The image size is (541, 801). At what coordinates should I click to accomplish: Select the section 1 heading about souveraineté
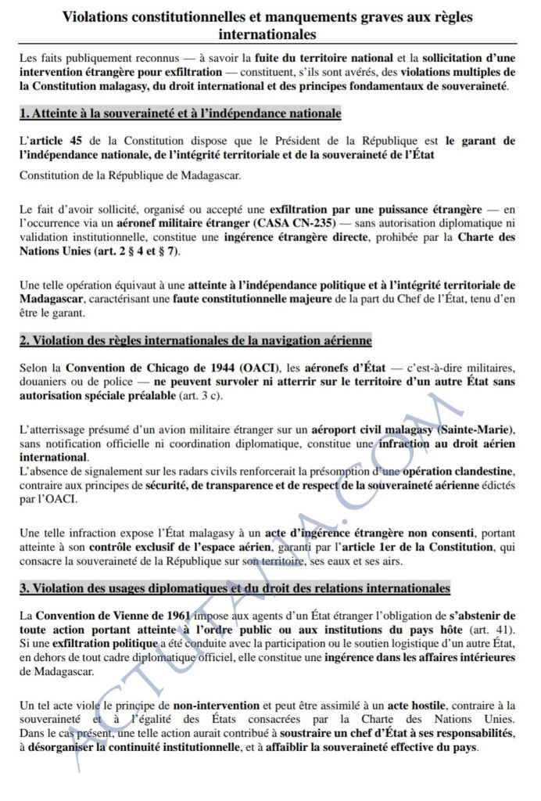[181, 114]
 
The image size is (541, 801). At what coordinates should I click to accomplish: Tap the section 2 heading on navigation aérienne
[195, 341]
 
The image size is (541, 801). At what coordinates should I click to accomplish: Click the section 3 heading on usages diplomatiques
[235, 587]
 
